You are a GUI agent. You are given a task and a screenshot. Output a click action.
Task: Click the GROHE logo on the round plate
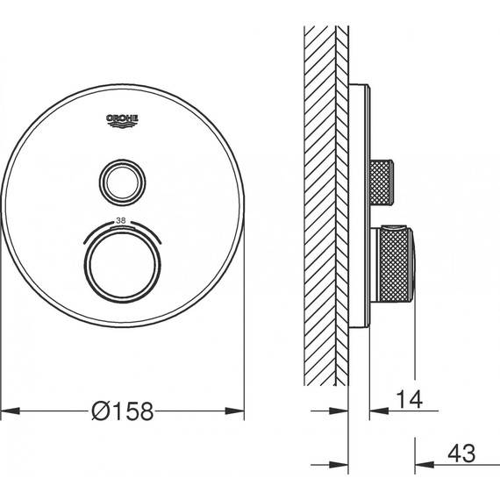click(123, 121)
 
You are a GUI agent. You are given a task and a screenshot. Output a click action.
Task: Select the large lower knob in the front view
click(123, 265)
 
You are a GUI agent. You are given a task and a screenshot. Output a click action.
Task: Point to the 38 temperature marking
click(121, 220)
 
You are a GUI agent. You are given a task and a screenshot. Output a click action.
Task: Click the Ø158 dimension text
click(123, 411)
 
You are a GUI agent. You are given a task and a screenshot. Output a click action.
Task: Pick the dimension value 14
click(410, 399)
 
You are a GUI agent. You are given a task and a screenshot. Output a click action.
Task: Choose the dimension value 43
click(461, 454)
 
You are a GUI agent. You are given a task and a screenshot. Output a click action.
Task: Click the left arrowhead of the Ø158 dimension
click(11, 411)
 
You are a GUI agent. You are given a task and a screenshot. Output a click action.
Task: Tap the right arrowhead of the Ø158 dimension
click(235, 411)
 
